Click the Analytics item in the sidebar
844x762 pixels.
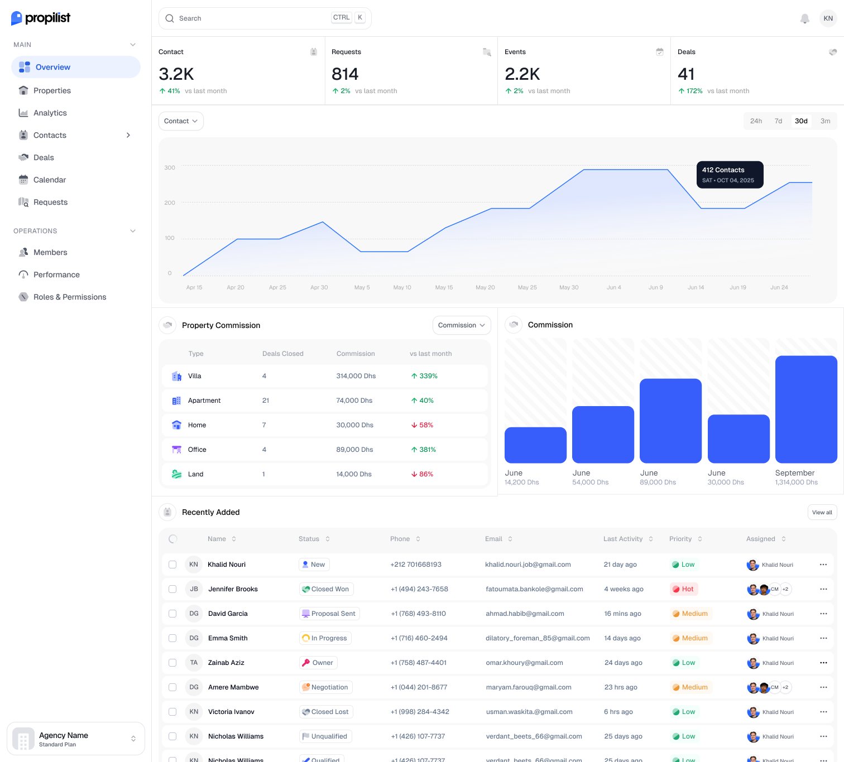50,113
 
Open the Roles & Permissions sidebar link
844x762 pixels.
69,297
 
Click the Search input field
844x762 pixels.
251,18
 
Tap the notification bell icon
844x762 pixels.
804,18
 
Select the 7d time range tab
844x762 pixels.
778,121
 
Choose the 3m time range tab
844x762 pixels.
825,121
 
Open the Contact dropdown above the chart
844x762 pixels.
181,121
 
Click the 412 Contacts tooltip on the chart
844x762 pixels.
730,175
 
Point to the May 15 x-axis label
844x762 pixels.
444,288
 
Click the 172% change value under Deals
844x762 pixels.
694,91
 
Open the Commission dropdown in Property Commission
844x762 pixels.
461,325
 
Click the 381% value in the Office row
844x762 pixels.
427,450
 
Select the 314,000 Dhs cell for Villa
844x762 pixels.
356,376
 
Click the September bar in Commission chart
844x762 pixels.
806,409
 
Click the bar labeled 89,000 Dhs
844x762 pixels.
670,421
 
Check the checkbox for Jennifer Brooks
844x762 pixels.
172,589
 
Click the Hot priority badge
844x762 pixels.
684,589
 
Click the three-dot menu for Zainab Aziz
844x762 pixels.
823,663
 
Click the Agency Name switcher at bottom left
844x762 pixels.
76,739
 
